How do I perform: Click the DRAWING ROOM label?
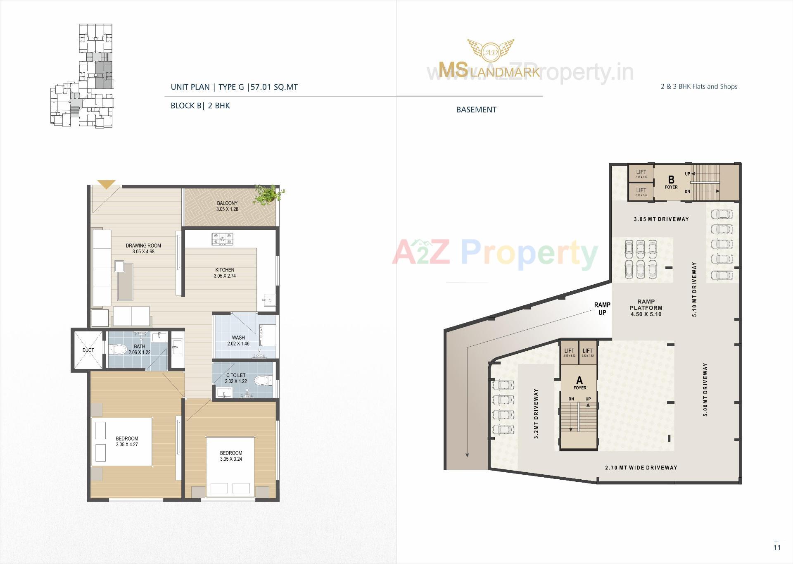(143, 245)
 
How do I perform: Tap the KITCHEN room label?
(225, 270)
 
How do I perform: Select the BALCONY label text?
(227, 203)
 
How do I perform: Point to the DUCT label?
(88, 350)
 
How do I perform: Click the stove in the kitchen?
(222, 239)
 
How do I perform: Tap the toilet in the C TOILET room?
(261, 380)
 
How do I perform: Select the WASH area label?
(238, 338)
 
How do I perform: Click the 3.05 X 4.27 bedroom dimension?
(127, 445)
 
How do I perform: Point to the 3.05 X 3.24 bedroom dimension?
(231, 459)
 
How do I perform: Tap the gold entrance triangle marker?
(106, 184)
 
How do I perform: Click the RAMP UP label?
(602, 309)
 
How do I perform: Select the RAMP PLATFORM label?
(646, 305)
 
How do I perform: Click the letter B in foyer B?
(671, 179)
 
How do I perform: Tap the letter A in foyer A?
(579, 380)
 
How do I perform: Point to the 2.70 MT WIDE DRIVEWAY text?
(641, 468)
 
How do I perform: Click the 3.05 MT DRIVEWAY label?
(661, 219)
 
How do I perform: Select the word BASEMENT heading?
(476, 109)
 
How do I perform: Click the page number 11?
(777, 547)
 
